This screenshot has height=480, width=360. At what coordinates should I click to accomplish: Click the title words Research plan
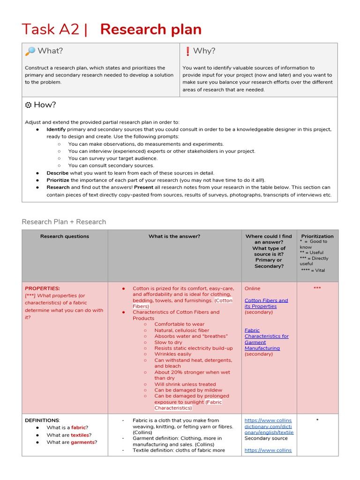click(x=151, y=30)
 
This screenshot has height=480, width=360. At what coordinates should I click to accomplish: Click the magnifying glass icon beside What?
click(x=30, y=51)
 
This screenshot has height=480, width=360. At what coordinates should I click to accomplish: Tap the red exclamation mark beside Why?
click(x=187, y=51)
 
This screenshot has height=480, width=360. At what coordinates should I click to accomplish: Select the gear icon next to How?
click(x=28, y=105)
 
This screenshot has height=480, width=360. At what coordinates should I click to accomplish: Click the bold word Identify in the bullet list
click(x=56, y=129)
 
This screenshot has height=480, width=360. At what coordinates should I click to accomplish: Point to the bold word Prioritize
click(x=58, y=180)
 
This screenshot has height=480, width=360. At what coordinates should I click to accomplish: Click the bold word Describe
click(x=58, y=173)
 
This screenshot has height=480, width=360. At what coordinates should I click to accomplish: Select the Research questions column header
click(x=65, y=236)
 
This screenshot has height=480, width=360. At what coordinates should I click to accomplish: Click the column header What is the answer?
click(x=174, y=236)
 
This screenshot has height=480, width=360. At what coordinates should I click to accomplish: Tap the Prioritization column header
click(x=317, y=236)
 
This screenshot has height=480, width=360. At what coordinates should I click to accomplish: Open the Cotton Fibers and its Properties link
click(x=266, y=303)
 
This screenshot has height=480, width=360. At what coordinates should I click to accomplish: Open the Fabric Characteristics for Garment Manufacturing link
click(x=266, y=339)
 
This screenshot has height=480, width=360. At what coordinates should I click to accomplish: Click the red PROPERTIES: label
click(x=42, y=288)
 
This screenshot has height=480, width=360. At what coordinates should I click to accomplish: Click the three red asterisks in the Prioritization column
click(x=317, y=288)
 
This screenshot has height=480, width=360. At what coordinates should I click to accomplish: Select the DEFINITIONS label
click(x=42, y=420)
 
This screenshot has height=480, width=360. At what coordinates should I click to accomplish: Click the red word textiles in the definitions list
click(x=79, y=435)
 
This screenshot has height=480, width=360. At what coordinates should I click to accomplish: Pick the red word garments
click(x=82, y=442)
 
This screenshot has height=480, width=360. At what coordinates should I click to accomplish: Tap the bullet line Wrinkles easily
click(x=173, y=354)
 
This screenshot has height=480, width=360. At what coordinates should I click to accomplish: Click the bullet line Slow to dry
click(x=169, y=342)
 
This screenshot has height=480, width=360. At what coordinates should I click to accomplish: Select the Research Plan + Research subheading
click(x=64, y=222)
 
